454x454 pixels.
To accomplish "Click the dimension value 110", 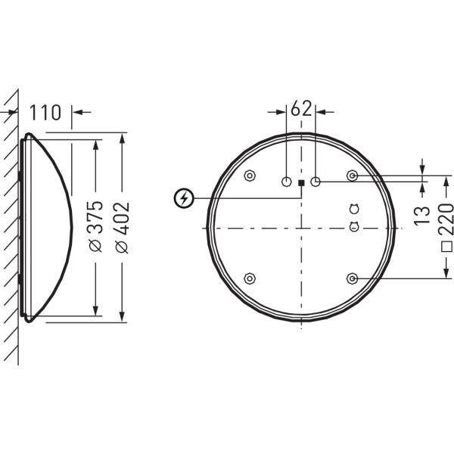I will click(x=46, y=113).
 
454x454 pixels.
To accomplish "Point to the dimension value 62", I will click(x=301, y=108).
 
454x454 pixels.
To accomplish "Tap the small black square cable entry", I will click(x=301, y=182).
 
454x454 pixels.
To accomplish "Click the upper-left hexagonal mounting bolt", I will click(x=250, y=176).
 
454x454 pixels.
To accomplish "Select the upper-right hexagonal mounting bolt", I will click(x=352, y=176).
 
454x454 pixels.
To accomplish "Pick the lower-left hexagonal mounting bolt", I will click(x=250, y=278).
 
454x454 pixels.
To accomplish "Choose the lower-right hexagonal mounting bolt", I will click(x=352, y=278).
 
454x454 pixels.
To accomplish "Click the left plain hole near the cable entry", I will click(x=287, y=182).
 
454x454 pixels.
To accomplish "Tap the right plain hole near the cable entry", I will click(x=316, y=182).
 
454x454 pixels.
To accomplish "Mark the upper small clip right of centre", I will click(x=353, y=209).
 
